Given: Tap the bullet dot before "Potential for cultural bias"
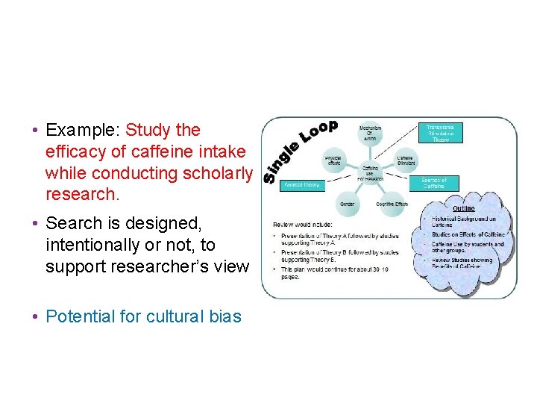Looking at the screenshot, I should pos(35,316).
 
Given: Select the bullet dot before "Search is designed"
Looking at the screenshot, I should pos(35,223).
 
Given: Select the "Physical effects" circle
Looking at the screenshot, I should pos(333,160).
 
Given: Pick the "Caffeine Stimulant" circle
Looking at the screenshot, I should pos(405,160).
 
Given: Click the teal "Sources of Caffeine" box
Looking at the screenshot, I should pos(434,183).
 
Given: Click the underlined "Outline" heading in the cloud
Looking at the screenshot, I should pos(464,209).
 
